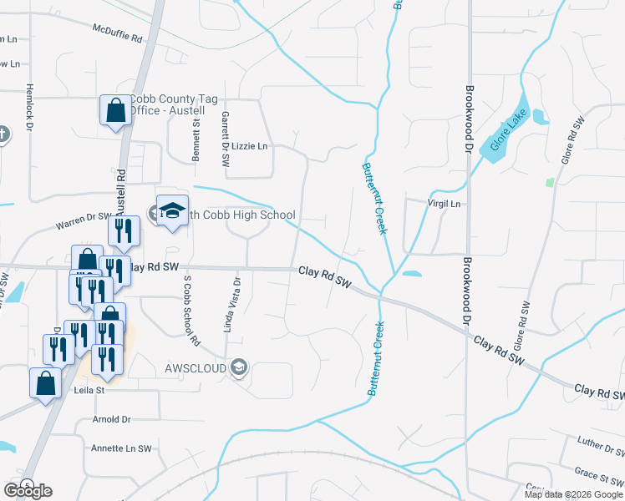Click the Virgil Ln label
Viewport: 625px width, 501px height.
point(443,203)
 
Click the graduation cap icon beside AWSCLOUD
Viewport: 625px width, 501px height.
point(239,368)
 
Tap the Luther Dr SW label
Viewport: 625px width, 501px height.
point(602,445)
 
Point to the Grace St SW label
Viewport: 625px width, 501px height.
point(598,475)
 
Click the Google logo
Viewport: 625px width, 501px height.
point(28,490)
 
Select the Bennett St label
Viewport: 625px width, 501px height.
point(196,139)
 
